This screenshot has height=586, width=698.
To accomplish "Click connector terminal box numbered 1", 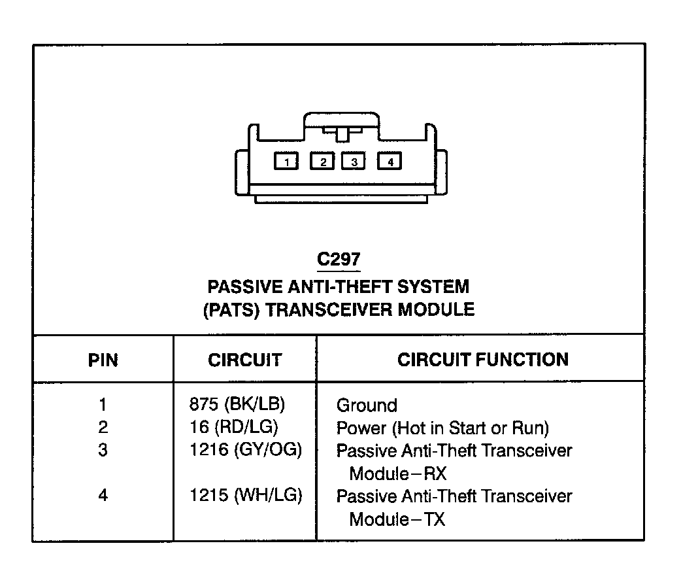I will click(286, 161).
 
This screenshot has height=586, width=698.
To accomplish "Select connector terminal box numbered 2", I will click(322, 161).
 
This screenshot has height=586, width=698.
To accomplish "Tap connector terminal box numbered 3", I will click(353, 161).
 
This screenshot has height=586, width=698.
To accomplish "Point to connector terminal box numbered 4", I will click(390, 161).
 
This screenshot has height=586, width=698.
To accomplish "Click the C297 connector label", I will click(339, 260).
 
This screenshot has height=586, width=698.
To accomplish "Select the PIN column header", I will click(103, 360).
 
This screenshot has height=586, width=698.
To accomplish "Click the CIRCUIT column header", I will click(244, 360).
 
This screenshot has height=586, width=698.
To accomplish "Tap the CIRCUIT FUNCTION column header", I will click(483, 360).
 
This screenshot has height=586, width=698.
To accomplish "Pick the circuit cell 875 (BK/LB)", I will click(237, 405).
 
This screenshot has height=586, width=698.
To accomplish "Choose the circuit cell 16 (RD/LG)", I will click(233, 428).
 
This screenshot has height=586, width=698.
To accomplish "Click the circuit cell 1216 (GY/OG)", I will click(246, 451).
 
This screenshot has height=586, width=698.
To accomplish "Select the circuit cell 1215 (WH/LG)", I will click(246, 496).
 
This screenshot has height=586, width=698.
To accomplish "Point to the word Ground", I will click(367, 405).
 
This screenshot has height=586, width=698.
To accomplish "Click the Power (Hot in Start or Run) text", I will click(442, 428).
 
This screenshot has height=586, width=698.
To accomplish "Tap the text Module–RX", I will click(397, 474).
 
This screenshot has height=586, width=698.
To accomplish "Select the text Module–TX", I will click(397, 519).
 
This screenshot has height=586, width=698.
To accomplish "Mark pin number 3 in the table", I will click(103, 451).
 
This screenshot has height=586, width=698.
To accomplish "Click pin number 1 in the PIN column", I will click(103, 405).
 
